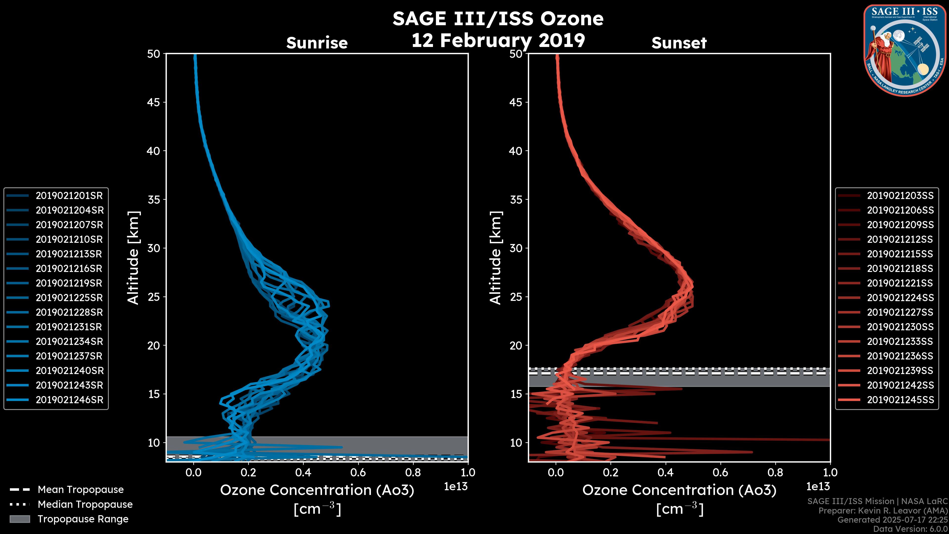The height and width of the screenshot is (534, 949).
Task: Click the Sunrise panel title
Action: [317, 43]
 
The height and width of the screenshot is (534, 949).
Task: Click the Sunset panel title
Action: [679, 43]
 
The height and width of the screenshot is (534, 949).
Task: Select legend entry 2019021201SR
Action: [69, 196]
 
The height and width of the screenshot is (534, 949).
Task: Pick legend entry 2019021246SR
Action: [69, 400]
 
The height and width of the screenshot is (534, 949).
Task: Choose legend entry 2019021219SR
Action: [69, 283]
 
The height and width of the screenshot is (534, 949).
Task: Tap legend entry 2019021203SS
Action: [900, 196]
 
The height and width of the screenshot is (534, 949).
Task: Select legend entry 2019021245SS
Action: [900, 400]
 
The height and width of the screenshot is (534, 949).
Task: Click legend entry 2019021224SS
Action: [900, 298]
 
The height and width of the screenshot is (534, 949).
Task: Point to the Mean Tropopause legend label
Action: [81, 490]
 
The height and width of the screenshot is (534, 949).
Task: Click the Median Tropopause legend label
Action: [85, 505]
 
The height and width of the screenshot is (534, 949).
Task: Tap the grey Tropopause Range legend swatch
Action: [20, 519]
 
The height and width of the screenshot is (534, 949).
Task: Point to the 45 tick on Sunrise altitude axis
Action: [154, 102]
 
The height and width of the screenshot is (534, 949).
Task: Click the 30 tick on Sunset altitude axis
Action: [516, 248]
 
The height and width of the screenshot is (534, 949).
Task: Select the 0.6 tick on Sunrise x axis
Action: [358, 472]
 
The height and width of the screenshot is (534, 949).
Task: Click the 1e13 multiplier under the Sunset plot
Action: [818, 487]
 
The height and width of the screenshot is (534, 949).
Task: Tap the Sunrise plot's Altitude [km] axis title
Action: [133, 258]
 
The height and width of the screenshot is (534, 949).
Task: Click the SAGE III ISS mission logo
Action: [905, 50]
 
